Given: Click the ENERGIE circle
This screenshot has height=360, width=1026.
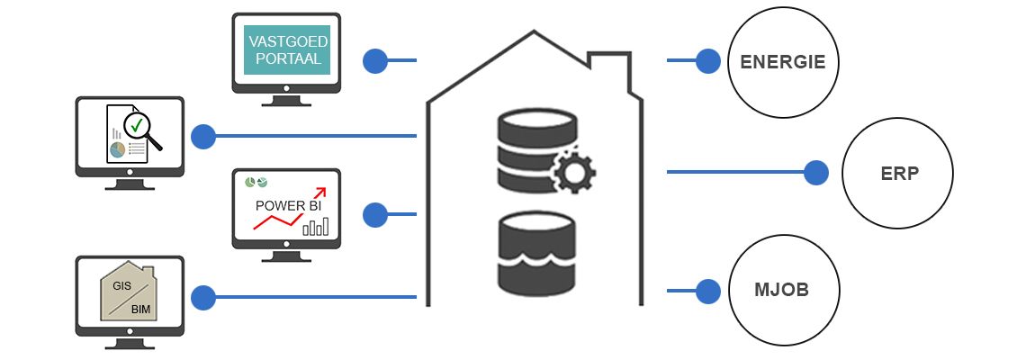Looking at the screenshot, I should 783,62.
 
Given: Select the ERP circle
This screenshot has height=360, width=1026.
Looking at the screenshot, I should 897,173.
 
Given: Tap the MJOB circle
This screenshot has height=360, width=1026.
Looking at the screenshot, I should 783,291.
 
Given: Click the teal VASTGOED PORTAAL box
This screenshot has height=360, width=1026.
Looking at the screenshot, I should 287,49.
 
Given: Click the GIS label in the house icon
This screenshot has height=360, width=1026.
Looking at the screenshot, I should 121,284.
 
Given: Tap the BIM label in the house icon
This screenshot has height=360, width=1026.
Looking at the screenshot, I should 140,309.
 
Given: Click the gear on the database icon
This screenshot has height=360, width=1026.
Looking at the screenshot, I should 572,171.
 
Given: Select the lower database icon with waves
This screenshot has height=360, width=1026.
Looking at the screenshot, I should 535,255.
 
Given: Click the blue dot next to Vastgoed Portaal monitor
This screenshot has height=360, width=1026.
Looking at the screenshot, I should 374,61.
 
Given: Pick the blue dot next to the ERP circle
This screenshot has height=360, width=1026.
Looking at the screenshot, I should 815,172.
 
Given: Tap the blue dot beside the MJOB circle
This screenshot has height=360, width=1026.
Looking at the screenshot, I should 708,291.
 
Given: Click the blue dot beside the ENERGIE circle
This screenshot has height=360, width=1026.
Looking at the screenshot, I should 708,61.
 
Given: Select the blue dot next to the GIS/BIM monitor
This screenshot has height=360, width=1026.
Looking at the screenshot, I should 203,297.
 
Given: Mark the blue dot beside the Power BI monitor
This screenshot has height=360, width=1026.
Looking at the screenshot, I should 374,215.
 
